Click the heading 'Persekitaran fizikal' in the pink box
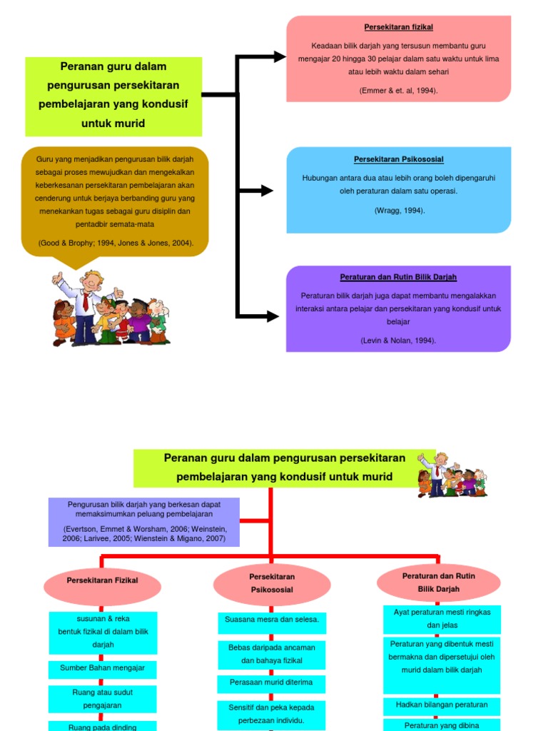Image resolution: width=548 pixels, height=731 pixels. (398, 27)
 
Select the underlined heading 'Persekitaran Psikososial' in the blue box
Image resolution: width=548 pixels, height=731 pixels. (398, 159)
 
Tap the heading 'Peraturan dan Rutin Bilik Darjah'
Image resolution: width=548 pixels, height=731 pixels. (398, 277)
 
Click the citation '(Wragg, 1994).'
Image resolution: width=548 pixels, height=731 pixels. (400, 211)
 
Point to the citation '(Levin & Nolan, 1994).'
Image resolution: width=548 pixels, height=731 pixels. (398, 341)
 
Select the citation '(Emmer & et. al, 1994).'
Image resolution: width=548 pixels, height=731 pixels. (398, 91)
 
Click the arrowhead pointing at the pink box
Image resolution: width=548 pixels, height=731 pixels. (280, 57)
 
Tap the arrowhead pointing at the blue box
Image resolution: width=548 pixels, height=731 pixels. (267, 190)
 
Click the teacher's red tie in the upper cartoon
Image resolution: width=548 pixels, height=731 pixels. (86, 303)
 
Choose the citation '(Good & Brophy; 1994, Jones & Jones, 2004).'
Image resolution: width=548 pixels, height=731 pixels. (116, 243)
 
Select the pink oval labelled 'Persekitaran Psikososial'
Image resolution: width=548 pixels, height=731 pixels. (272, 584)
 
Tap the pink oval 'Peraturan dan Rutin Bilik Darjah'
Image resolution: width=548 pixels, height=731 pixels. (439, 583)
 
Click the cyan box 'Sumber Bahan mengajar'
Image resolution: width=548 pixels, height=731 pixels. (103, 669)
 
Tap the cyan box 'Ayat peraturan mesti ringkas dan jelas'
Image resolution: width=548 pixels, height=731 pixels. (442, 619)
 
